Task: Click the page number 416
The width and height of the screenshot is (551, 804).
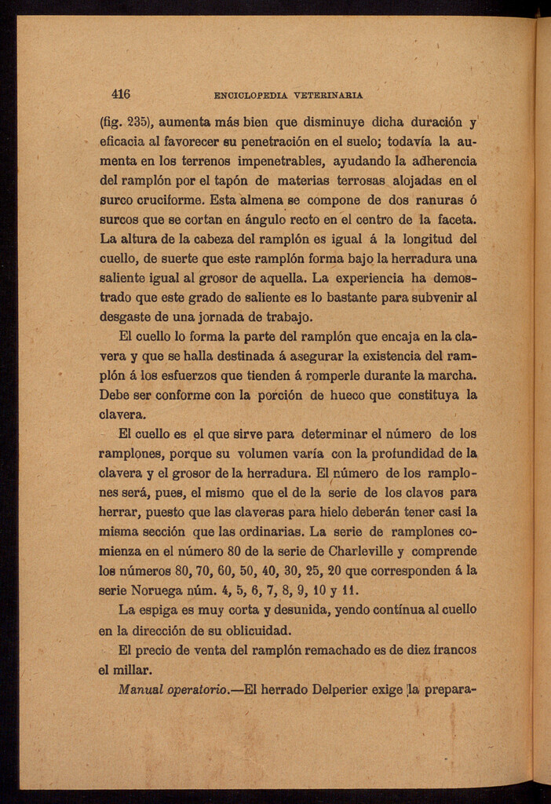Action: pos(120,95)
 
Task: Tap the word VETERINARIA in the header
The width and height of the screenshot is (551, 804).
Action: pos(328,96)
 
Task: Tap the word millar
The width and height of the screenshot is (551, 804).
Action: pos(125,670)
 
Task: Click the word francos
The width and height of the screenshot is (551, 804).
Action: pos(450,650)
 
